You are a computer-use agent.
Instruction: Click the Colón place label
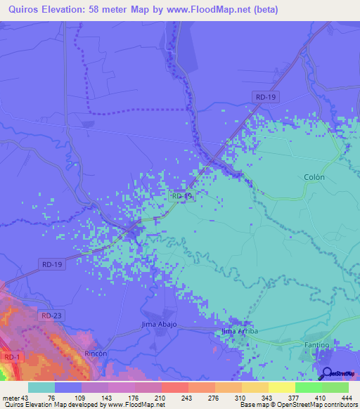(x=314, y=178)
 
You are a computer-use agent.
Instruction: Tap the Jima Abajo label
(x=159, y=325)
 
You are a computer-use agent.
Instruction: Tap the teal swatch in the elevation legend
(x=41, y=387)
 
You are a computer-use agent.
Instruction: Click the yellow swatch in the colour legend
(x=282, y=387)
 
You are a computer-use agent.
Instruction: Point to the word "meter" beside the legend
(x=12, y=398)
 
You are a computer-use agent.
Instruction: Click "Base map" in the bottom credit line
(x=253, y=405)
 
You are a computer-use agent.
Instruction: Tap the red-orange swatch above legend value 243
(x=175, y=387)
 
